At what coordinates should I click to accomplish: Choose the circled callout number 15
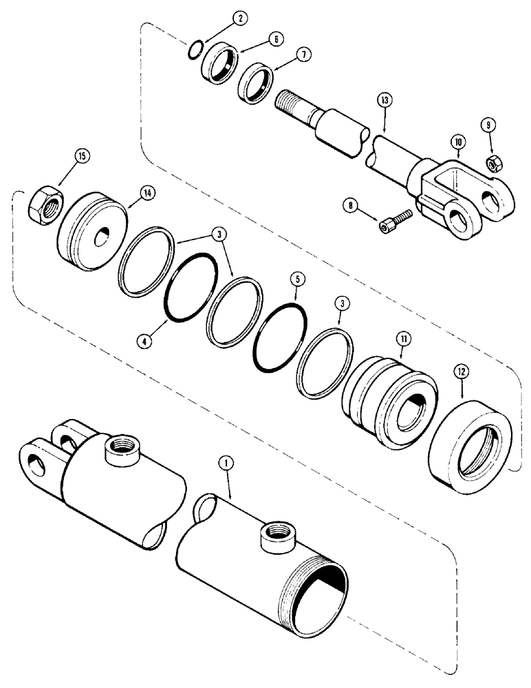point(83,158)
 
